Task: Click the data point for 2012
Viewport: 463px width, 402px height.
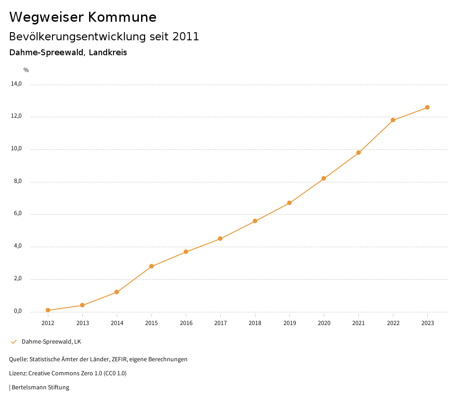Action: pos(48,310)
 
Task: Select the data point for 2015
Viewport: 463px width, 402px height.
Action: pos(151,266)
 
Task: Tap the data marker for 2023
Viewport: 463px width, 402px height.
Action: pos(427,107)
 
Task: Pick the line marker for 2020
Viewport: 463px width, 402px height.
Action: pos(324,178)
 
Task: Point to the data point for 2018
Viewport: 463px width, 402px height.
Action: pos(255,221)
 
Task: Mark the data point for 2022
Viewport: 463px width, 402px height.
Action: pos(393,120)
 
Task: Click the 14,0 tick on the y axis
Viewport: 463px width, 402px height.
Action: pos(17,84)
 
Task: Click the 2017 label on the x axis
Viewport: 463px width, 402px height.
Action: pos(220,323)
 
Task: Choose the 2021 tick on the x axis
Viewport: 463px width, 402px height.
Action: pos(359,323)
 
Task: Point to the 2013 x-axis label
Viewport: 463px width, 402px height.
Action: pos(82,323)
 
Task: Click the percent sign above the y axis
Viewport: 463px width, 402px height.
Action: pos(26,70)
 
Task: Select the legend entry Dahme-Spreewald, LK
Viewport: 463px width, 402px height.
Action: pos(51,341)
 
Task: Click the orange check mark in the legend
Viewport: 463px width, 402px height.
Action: pos(14,341)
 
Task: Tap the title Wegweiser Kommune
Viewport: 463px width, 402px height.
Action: pos(83,17)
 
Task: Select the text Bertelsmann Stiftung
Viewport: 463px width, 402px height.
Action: pos(40,388)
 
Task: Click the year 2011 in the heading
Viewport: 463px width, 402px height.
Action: pos(186,37)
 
